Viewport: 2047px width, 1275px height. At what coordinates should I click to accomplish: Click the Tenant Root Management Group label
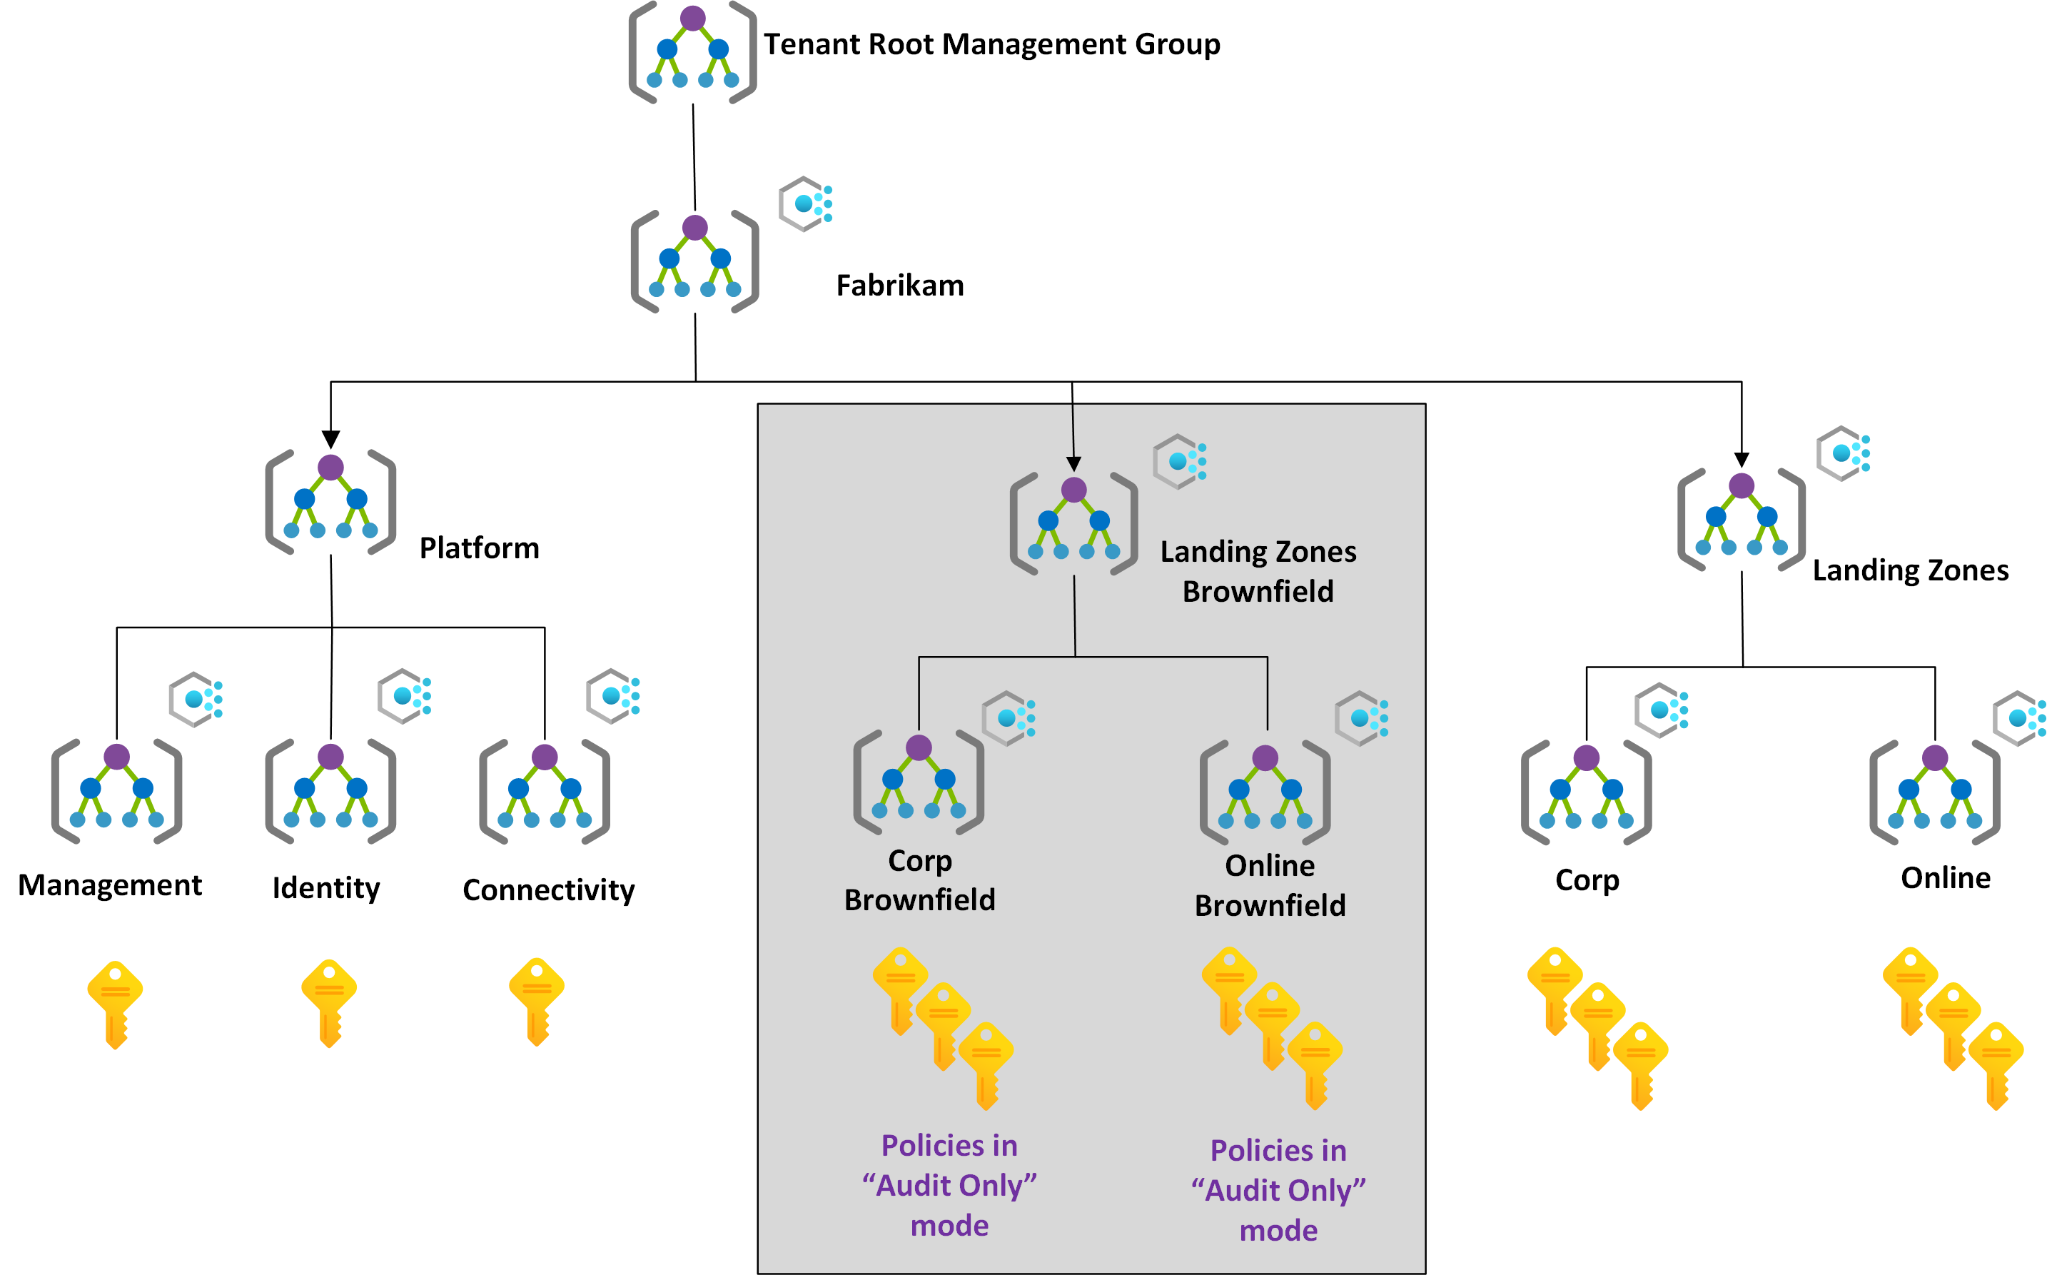(x=991, y=44)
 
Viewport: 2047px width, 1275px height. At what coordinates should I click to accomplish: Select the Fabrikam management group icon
(x=694, y=261)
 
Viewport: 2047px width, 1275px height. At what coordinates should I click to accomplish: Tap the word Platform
(x=479, y=548)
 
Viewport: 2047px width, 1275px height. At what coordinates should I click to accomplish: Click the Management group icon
(x=116, y=791)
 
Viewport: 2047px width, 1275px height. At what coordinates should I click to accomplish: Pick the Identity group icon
(x=330, y=791)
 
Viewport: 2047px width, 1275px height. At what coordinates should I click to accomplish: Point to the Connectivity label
(x=548, y=890)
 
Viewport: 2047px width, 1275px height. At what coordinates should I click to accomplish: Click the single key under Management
(x=116, y=1004)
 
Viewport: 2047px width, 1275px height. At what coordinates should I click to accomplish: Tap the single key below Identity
(x=329, y=1002)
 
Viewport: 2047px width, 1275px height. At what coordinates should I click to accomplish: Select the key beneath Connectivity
(x=537, y=1001)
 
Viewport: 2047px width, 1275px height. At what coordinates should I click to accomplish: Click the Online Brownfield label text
(x=1270, y=885)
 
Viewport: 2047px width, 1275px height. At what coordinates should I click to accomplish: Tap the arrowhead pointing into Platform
(x=330, y=439)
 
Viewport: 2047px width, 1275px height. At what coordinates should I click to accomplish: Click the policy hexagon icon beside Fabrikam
(x=805, y=203)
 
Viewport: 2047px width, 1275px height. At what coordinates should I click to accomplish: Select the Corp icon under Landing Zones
(x=1586, y=792)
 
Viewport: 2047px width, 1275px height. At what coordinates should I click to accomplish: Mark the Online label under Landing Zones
(x=1945, y=878)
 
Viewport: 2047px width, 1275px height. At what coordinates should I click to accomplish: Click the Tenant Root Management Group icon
(x=692, y=52)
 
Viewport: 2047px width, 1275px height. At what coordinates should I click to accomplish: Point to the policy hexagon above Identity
(x=405, y=696)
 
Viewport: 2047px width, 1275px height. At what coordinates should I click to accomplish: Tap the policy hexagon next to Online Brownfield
(x=1360, y=717)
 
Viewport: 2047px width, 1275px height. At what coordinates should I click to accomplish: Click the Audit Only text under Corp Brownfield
(x=949, y=1185)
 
